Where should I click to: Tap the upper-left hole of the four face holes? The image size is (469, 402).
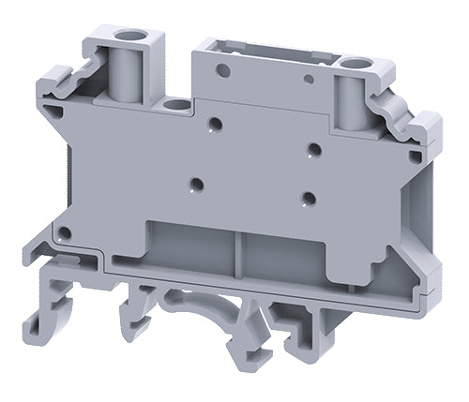pyautogui.click(x=216, y=122)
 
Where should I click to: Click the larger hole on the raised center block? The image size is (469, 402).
pyautogui.click(x=224, y=68)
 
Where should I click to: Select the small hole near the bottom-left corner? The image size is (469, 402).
pyautogui.click(x=64, y=231)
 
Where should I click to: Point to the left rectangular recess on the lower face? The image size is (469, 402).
pyautogui.click(x=192, y=246)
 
